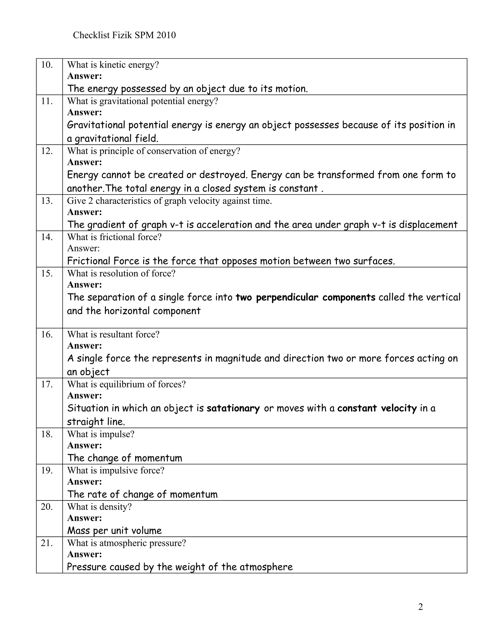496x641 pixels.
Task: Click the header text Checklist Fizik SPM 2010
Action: [x=124, y=35]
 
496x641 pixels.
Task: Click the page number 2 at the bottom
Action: [x=420, y=607]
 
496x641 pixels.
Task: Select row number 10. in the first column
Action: [x=47, y=65]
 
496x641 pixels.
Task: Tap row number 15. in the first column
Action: [x=47, y=274]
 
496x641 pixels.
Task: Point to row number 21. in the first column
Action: [x=47, y=543]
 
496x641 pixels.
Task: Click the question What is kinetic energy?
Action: [x=113, y=65]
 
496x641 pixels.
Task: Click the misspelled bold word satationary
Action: [x=233, y=408]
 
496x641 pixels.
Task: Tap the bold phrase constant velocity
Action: [x=377, y=408]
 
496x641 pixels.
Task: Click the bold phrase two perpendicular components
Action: [x=306, y=297]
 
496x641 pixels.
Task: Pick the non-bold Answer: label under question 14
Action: [x=84, y=248]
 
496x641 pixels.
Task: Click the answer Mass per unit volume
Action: [x=115, y=531]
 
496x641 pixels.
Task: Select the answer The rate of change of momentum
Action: [x=142, y=494]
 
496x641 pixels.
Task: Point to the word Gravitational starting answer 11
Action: [x=96, y=125]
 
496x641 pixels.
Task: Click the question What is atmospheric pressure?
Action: [x=127, y=543]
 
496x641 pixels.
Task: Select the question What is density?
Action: [x=99, y=507]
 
